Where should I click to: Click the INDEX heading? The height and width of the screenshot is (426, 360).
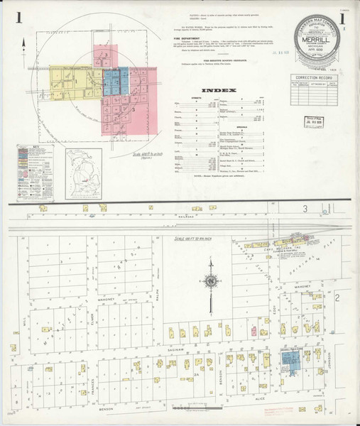pos(217,91)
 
